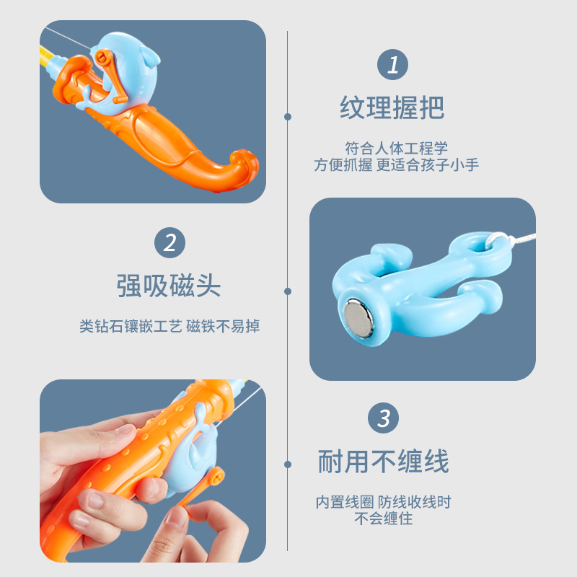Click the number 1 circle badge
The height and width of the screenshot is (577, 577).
pos(393,66)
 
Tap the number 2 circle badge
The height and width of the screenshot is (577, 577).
pos(170,242)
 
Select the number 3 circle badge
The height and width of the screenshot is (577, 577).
pos(384,418)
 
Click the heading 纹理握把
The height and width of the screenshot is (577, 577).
pos(392,108)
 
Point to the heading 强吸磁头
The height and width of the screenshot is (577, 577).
pos(169,286)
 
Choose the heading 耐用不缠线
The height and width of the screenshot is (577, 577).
pos(383,461)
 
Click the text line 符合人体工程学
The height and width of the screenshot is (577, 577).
pos(393,149)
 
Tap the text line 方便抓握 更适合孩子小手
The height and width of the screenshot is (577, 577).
pos(396,164)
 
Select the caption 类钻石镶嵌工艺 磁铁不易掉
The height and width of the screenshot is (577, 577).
pos(169,326)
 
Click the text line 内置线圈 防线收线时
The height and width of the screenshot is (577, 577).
pos(383,502)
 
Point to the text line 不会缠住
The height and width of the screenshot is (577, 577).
pos(383,519)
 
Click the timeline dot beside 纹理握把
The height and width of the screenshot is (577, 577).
pos(288,116)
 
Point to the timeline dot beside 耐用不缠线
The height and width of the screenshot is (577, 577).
pos(288,466)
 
